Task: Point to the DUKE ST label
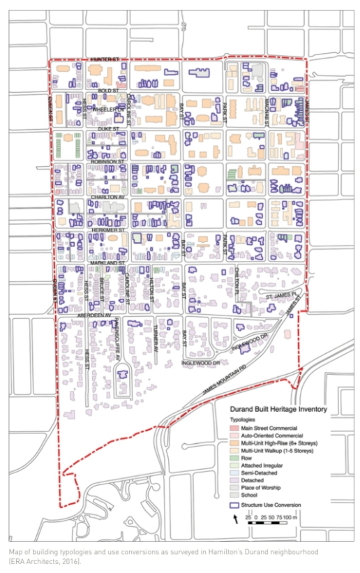(x=106, y=128)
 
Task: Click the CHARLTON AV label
(x=105, y=197)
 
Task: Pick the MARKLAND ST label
(x=107, y=262)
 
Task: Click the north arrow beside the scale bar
(x=236, y=519)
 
